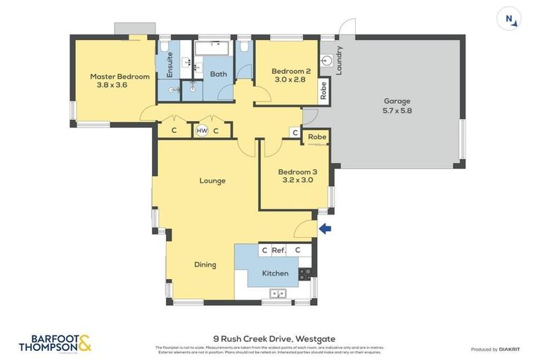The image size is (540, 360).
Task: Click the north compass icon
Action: click(x=508, y=18)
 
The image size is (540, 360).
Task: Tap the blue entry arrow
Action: click(x=324, y=228)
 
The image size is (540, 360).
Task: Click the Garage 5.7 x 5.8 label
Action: click(x=397, y=105)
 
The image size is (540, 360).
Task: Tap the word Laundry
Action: click(x=339, y=60)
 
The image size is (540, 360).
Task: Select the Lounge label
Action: click(x=212, y=181)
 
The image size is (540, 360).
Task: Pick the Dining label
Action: click(x=205, y=265)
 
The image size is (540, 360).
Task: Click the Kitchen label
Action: click(x=275, y=273)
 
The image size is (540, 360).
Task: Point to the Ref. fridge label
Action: click(x=278, y=250)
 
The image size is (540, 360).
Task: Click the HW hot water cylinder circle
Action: click(x=202, y=131)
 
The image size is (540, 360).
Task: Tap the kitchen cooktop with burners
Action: click(x=304, y=272)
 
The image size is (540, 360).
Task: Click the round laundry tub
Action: click(x=326, y=61)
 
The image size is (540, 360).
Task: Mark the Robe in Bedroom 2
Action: click(x=323, y=90)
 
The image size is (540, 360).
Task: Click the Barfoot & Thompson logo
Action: click(x=55, y=342)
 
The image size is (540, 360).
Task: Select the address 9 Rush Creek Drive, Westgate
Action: click(x=271, y=337)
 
